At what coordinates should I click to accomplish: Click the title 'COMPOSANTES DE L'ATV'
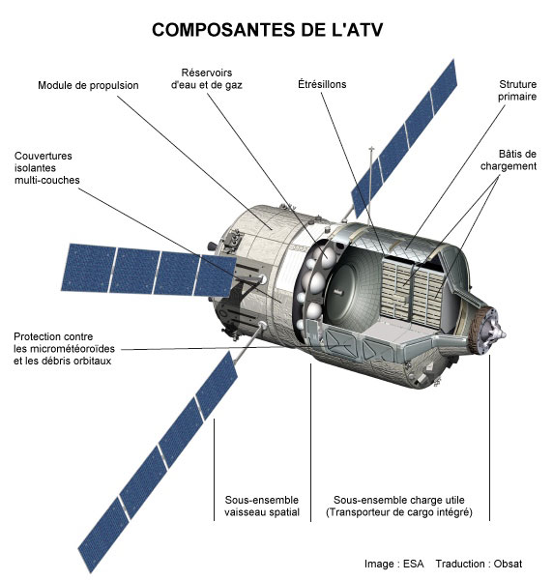coord(267,30)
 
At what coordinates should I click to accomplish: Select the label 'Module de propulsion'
coord(88,85)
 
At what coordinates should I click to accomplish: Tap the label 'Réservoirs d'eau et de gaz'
coord(206,79)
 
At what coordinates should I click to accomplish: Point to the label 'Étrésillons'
coord(322,84)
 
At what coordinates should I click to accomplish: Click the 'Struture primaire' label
coord(517,90)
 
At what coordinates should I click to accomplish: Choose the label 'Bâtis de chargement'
coord(509,159)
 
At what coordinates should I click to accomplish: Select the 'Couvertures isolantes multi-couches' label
coord(47,168)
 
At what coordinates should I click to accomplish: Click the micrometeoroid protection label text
coord(64,349)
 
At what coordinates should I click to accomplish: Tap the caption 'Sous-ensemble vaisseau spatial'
coord(262,506)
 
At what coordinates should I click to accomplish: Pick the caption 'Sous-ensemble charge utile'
coord(398,500)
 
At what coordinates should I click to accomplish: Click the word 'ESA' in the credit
coord(413,564)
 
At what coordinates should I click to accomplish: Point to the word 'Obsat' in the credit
coord(508,564)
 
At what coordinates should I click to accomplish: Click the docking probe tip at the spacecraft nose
coord(504,334)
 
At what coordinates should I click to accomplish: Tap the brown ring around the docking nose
coord(475,331)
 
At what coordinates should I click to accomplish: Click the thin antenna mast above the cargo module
coord(371,185)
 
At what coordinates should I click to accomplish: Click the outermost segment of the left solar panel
coord(89,268)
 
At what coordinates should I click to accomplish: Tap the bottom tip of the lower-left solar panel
coord(90,570)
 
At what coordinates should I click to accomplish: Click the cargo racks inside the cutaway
coord(411,293)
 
